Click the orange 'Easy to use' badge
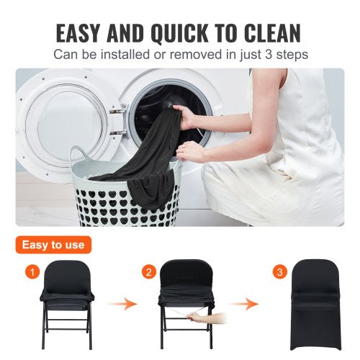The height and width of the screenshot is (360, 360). click(x=53, y=245)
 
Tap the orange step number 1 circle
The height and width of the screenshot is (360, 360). click(x=30, y=273)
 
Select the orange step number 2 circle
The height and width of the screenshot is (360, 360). click(x=149, y=273)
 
